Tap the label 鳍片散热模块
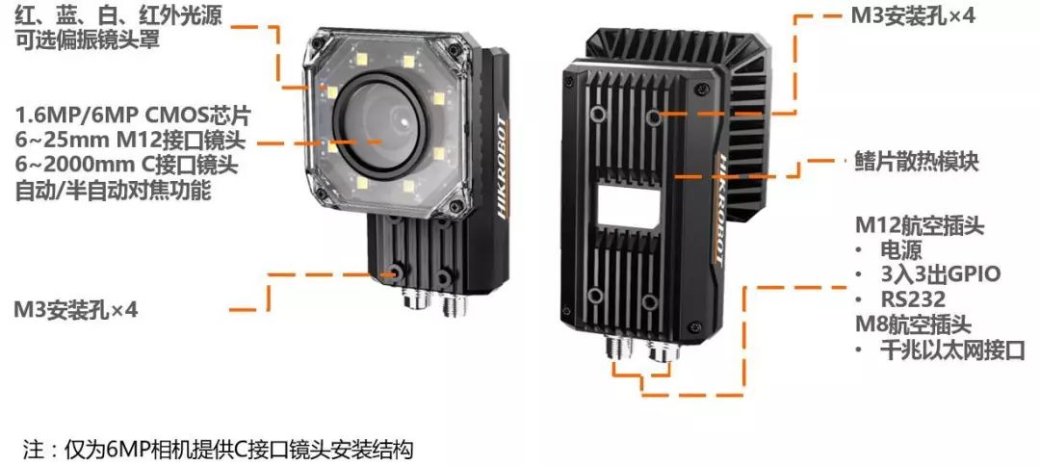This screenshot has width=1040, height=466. tap(916, 162)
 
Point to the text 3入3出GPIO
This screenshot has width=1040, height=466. tap(940, 273)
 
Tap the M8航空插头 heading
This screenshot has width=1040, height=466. tap(913, 324)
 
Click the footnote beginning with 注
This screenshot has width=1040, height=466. tap(218, 450)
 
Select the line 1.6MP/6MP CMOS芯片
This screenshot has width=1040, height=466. tap(133, 116)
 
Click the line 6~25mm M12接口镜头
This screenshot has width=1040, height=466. tap(130, 142)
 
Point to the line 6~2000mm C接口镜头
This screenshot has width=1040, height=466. tap(127, 166)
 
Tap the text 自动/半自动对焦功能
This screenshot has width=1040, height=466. tap(113, 191)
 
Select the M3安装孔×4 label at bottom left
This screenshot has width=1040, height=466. tap(76, 309)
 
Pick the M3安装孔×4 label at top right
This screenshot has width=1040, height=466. tap(913, 16)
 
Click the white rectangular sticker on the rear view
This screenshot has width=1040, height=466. tap(628, 205)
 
